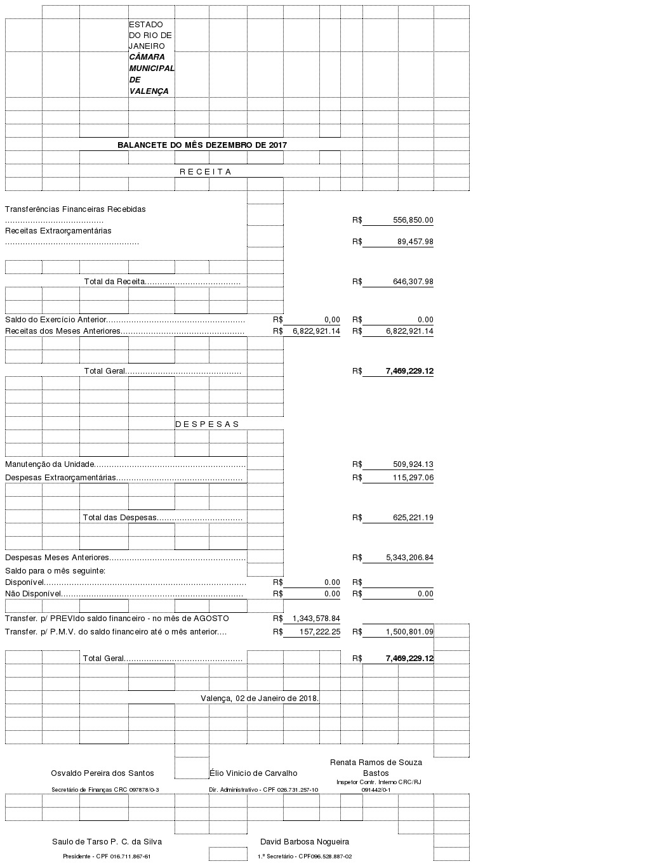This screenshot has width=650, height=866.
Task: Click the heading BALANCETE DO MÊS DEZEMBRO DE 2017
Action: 202,145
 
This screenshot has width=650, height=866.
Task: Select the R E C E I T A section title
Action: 205,172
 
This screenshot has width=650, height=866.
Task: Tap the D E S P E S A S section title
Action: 207,424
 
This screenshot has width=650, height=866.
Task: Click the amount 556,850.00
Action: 413,220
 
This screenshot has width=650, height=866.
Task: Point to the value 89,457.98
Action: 415,242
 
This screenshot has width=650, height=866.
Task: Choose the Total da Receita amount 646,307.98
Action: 413,282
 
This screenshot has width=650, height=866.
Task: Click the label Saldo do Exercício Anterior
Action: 56,320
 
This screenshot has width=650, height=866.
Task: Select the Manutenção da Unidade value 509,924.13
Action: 413,464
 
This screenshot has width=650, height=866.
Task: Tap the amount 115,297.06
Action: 413,478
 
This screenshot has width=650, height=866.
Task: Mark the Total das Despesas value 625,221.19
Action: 413,518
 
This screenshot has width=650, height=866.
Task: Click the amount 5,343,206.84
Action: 409,558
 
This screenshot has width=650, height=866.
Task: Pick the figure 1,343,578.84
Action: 316,619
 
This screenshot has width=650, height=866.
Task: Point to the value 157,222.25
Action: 318,632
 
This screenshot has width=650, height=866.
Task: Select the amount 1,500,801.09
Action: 409,632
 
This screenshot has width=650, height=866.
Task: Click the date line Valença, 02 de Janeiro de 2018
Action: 260,699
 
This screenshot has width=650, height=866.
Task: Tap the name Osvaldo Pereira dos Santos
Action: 102,773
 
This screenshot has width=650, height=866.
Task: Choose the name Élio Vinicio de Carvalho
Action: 253,773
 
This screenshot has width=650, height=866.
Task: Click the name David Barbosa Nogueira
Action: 305,842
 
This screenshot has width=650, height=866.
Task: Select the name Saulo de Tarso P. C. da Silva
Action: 107,842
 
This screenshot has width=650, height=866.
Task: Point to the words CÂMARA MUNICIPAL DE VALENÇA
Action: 151,74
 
